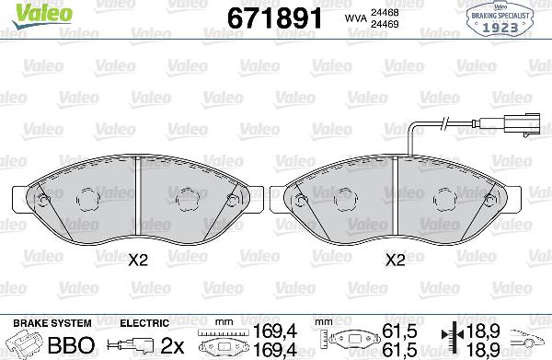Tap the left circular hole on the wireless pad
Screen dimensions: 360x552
[87, 198]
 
